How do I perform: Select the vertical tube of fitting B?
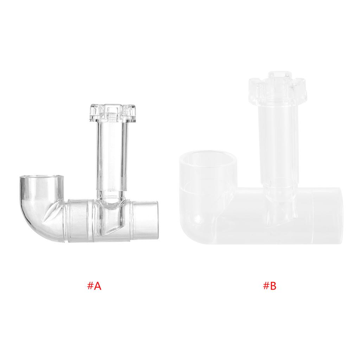(x=276, y=141)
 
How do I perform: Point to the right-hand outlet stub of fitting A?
(x=145, y=219)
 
